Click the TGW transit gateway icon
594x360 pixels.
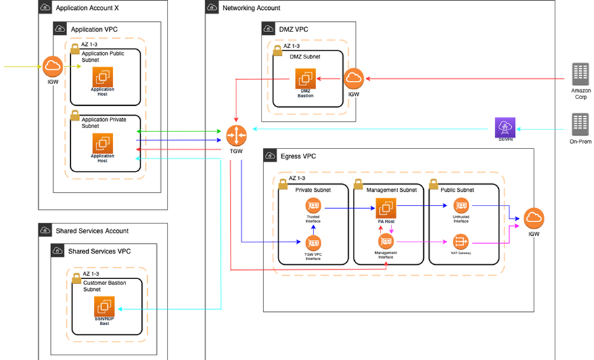coord(236,136)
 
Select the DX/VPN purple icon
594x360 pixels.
coord(505,127)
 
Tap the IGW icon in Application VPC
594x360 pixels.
coord(52,66)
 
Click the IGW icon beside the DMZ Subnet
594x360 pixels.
coord(354,79)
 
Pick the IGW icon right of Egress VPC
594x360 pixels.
coord(534,219)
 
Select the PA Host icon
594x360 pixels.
coord(386,208)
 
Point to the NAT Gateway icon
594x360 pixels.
coord(461,242)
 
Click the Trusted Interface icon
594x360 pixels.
coord(313,206)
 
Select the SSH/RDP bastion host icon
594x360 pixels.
coord(103,306)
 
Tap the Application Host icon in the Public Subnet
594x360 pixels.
coord(103,76)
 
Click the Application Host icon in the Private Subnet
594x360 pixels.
coord(103,143)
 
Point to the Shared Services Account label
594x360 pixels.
coord(92,231)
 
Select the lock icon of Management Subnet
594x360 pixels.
coord(358,183)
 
